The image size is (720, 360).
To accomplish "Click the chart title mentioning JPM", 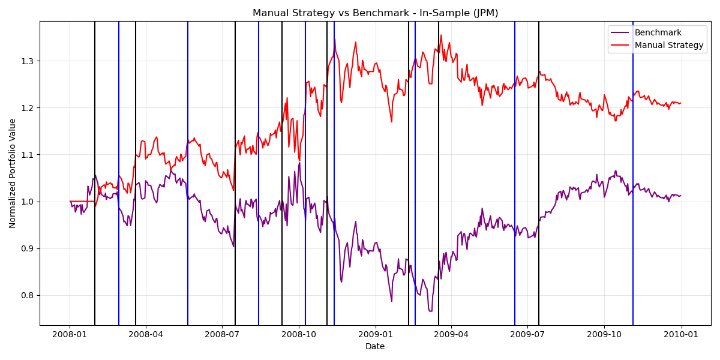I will tap(375, 13).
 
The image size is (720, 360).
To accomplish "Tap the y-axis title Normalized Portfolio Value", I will tap(13, 173).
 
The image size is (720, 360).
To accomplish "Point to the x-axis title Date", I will tap(375, 346).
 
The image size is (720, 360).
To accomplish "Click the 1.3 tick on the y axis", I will tap(27, 61).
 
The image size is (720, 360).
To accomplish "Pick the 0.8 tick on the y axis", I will tap(27, 295).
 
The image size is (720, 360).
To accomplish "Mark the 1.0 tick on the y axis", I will tap(27, 202).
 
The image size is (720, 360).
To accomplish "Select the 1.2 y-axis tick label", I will tap(27, 108).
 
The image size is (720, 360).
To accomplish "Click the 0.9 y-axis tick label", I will tap(27, 248).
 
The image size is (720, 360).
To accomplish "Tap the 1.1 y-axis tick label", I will tap(27, 155).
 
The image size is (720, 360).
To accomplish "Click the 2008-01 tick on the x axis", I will tap(70, 334).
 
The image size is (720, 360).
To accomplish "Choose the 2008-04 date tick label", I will tap(146, 334).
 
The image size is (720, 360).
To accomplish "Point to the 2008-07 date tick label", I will tap(223, 334).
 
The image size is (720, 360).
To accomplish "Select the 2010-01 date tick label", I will tap(681, 334).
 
